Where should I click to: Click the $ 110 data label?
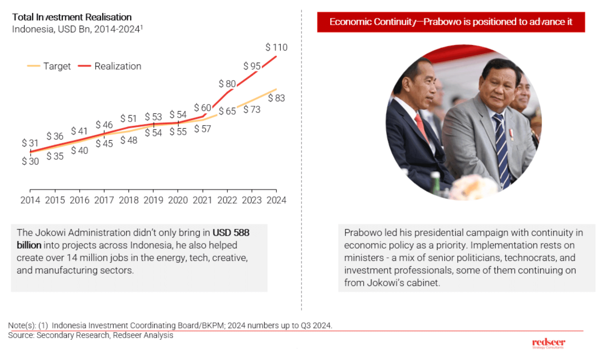(276, 47)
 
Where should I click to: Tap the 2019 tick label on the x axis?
(153, 200)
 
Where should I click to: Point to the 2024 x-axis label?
(276, 200)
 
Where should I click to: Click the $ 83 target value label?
(276, 98)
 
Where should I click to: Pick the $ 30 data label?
(30, 161)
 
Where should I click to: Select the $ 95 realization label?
(252, 66)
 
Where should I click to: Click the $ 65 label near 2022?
(227, 111)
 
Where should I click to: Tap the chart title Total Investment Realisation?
(72, 17)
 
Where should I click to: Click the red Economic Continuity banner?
(451, 22)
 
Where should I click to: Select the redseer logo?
(548, 343)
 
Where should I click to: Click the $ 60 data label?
(202, 108)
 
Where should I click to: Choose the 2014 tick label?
(30, 200)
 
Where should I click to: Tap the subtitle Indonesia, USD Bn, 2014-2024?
(77, 29)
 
